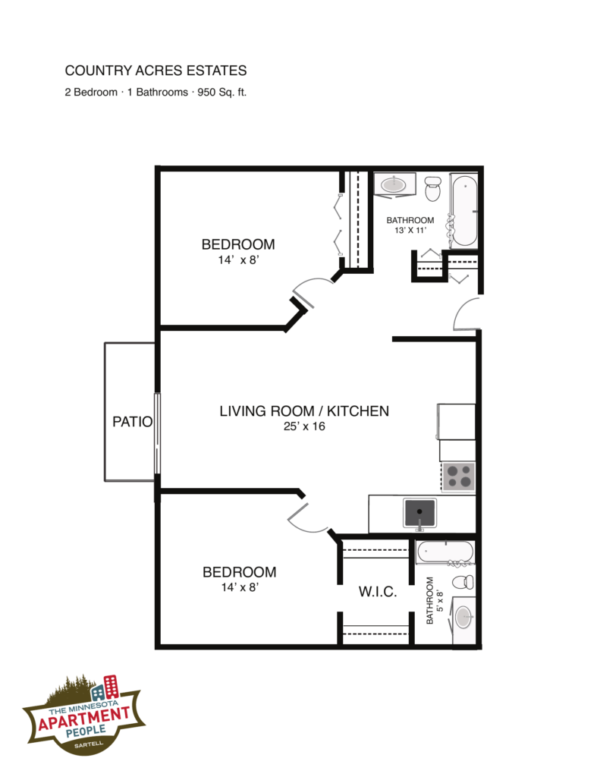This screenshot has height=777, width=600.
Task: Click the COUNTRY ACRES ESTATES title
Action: (x=155, y=71)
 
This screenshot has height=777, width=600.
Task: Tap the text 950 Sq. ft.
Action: (x=222, y=92)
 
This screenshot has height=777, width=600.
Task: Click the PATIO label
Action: (x=132, y=422)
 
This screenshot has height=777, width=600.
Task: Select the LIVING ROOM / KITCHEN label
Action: (x=304, y=411)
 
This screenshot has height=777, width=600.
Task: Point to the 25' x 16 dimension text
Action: (x=304, y=426)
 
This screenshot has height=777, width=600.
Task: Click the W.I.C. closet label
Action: (x=378, y=592)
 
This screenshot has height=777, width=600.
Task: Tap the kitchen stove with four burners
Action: (x=458, y=477)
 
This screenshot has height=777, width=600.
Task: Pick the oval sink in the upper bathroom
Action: (x=394, y=185)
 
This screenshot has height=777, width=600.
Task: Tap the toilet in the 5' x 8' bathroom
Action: (x=463, y=582)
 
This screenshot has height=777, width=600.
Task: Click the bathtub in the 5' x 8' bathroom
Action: (x=445, y=552)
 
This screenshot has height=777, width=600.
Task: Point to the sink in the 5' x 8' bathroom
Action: (x=463, y=618)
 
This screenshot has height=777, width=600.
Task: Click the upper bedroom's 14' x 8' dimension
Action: (x=238, y=260)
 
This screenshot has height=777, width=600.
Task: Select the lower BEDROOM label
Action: (x=239, y=572)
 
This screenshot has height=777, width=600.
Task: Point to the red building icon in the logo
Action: (x=112, y=686)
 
